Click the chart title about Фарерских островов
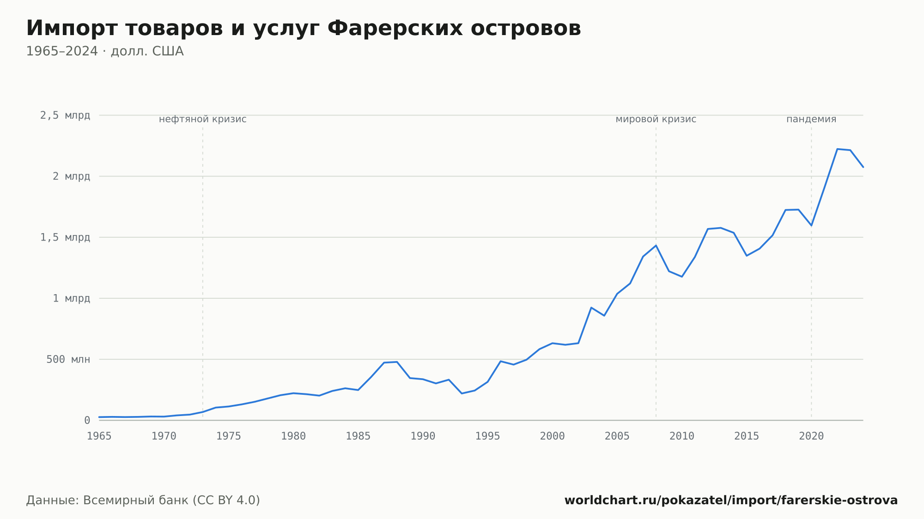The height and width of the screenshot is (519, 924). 304,29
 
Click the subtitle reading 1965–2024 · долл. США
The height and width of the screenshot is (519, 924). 105,51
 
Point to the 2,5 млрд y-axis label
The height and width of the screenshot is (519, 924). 65,115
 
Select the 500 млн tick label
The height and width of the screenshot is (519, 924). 68,359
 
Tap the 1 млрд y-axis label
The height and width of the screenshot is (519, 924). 72,298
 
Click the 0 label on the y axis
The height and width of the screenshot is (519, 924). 87,420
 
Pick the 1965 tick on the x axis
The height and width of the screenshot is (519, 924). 99,436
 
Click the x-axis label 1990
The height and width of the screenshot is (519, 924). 423,436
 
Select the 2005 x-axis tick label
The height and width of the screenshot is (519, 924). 617,436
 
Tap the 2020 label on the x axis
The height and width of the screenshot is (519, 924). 811,436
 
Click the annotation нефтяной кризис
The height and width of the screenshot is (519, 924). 203,119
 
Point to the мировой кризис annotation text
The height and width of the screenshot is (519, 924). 656,119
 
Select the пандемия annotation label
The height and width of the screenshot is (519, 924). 811,119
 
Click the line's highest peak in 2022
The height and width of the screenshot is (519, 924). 837,149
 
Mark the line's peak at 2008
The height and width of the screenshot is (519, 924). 656,245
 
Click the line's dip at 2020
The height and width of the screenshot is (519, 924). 811,225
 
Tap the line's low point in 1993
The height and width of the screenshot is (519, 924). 462,393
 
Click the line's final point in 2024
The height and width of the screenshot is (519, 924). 863,167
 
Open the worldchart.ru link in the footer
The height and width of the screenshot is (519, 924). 731,501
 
